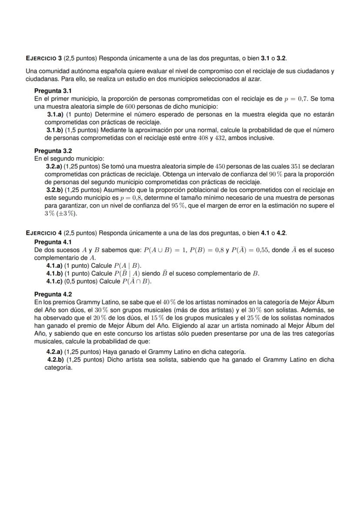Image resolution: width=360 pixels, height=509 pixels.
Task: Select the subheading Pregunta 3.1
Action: (53, 91)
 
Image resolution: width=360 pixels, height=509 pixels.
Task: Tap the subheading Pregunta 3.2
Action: (53, 151)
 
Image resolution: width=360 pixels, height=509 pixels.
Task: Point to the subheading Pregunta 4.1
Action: (53, 242)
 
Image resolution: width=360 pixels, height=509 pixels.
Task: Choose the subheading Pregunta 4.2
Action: (53, 294)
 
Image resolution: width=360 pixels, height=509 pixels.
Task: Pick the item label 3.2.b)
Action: (55, 190)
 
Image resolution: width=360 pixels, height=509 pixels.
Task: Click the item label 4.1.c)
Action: (55, 281)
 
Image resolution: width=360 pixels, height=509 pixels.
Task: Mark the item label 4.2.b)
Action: (55, 360)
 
